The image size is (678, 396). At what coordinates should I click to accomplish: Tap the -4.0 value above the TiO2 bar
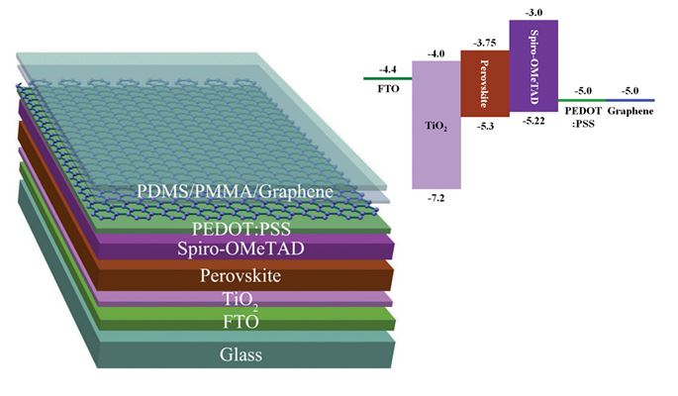tap(436, 52)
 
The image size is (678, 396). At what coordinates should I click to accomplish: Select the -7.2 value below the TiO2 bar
tap(436, 198)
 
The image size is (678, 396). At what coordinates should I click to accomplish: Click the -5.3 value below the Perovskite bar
tap(485, 126)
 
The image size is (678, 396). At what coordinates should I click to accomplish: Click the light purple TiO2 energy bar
tap(436, 124)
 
